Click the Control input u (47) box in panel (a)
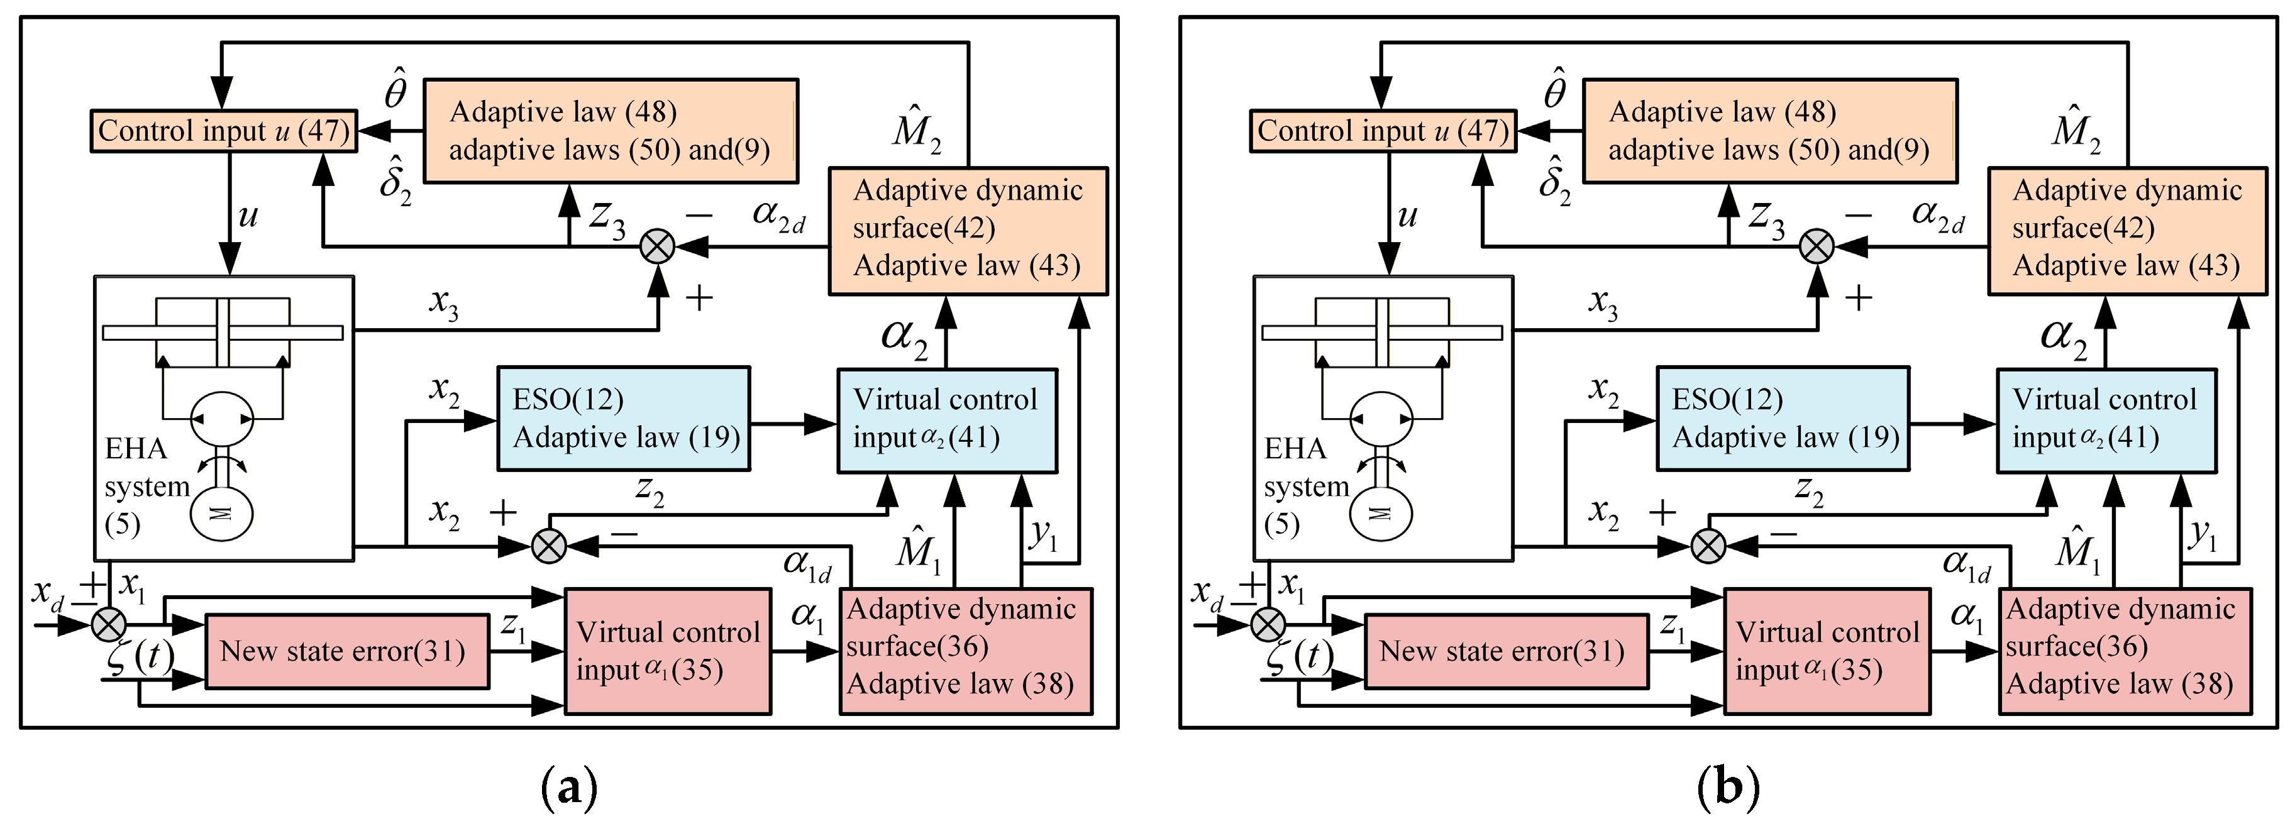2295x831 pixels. click(223, 131)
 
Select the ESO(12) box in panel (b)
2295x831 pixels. click(1783, 418)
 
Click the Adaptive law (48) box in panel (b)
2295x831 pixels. click(1769, 130)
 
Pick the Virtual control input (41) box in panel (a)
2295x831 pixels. click(947, 421)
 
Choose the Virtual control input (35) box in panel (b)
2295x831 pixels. click(1827, 651)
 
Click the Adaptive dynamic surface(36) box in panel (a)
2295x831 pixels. click(966, 651)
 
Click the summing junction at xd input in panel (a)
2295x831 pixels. click(109, 624)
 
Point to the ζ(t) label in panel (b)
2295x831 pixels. click(1299, 656)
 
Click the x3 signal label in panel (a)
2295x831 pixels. click(444, 304)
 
